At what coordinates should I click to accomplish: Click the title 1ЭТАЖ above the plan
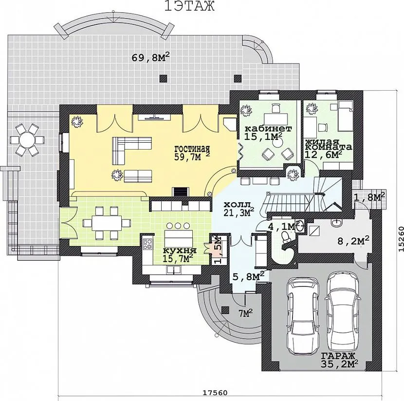pos(189,6)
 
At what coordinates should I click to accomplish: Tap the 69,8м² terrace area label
pos(151,57)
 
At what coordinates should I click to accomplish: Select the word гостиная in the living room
pos(192,149)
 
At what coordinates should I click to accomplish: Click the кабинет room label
pos(268,129)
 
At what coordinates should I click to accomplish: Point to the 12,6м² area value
pos(323,154)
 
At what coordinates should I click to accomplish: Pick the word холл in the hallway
pos(237,205)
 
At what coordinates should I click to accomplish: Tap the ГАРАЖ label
pos(338,356)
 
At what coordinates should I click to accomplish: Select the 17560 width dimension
pos(215,393)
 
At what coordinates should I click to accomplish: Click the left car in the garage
pos(302,316)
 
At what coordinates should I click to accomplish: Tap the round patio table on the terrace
pos(27,140)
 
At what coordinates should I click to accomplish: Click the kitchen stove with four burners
pos(147,244)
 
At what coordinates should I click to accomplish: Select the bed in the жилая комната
pos(345,116)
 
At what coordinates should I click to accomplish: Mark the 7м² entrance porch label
pos(245,313)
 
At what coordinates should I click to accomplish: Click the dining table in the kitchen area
pos(107,222)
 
